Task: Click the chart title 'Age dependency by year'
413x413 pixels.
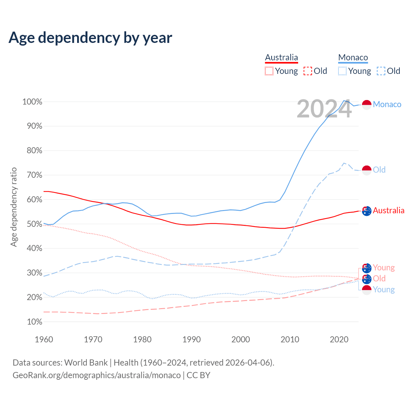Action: pos(90,38)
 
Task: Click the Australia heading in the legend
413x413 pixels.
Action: pos(281,57)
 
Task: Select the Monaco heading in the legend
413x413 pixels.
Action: pos(353,57)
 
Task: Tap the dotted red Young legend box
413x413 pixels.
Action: pos(269,71)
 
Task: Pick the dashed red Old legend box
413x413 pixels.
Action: pos(308,71)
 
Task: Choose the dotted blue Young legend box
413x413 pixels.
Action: pos(342,71)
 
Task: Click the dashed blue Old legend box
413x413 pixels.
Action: pos(381,71)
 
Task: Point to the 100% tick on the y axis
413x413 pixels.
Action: pos(32,102)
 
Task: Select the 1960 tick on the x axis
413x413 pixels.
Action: pos(44,339)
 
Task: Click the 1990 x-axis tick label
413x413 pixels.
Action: pos(192,339)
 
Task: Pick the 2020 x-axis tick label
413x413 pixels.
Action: pos(339,339)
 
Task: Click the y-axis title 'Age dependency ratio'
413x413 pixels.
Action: pos(14,207)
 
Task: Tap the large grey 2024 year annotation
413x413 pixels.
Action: pos(324,109)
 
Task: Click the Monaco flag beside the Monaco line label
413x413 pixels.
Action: pos(367,105)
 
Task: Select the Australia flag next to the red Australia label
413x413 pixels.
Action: pos(367,211)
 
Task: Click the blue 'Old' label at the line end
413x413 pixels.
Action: pos(379,170)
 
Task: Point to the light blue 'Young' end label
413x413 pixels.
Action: pos(384,289)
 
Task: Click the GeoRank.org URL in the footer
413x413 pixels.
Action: pos(96,375)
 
